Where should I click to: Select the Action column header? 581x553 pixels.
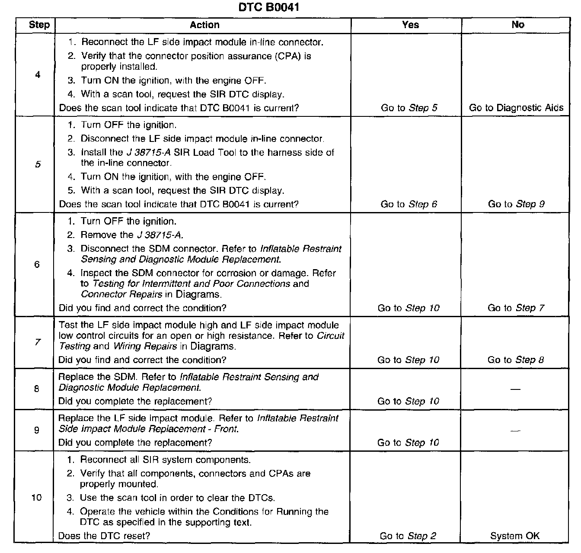(204, 25)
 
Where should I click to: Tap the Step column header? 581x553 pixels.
(39, 25)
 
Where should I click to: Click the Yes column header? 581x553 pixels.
(410, 25)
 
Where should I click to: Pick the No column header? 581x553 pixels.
(517, 25)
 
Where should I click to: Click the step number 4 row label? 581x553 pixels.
(38, 75)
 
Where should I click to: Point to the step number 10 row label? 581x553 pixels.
(37, 497)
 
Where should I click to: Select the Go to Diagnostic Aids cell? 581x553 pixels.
(516, 108)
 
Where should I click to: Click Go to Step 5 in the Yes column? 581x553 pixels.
(409, 108)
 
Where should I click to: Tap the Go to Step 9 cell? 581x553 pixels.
(516, 204)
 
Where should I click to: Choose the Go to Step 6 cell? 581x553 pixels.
(409, 204)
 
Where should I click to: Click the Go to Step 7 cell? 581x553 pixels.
(516, 308)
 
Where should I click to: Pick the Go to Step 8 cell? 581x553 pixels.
(516, 360)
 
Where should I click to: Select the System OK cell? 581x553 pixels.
(515, 536)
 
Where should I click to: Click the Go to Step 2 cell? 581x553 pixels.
(408, 536)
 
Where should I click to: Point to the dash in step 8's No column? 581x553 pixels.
(515, 389)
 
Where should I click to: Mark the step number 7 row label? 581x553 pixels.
(38, 342)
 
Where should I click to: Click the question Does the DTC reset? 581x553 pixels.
(104, 536)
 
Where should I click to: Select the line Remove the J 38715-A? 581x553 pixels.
(132, 235)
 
